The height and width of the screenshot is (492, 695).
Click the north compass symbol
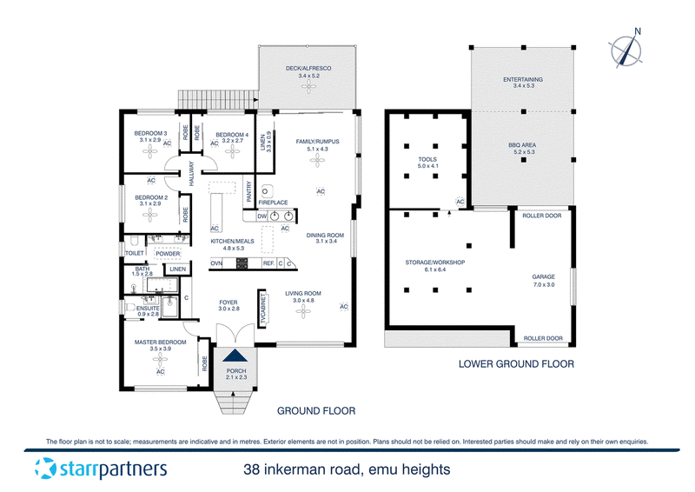point(625,49)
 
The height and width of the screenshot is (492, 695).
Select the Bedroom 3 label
point(151,133)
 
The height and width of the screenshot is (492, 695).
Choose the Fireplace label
point(273,203)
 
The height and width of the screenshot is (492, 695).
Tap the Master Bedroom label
point(161,342)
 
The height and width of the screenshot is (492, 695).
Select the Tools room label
point(427,160)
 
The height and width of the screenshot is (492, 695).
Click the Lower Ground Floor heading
point(516,364)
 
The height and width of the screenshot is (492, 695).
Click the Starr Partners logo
point(101,470)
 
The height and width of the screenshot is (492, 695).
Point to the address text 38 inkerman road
point(347,470)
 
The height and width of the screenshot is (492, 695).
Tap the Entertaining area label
point(523,80)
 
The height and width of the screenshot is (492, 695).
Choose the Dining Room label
point(325,235)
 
